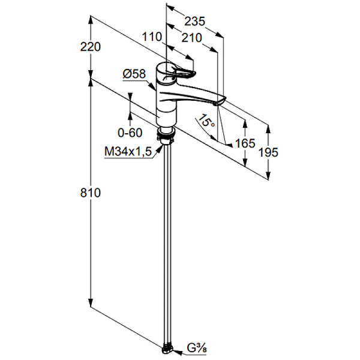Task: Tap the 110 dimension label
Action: pyautogui.click(x=152, y=37)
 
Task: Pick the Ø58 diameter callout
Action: pyautogui.click(x=134, y=74)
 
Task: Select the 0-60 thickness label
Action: pyautogui.click(x=130, y=132)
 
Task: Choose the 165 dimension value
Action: pyautogui.click(x=245, y=143)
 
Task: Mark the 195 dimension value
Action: pyautogui.click(x=268, y=152)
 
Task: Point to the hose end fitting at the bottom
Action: pyautogui.click(x=168, y=347)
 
